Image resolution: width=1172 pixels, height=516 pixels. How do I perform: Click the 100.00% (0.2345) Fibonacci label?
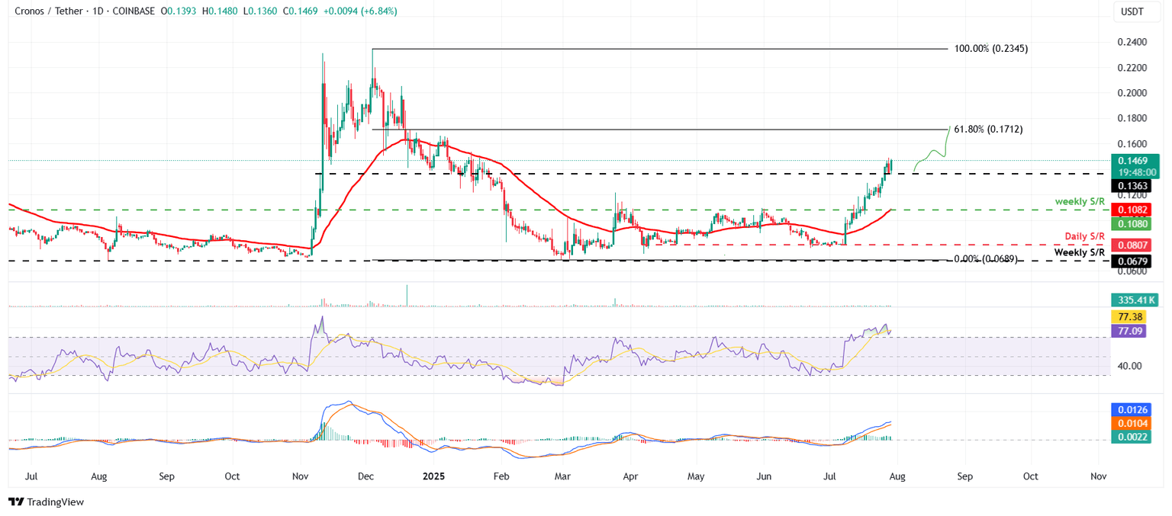click(991, 49)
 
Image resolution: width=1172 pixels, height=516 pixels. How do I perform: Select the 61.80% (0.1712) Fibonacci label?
click(989, 130)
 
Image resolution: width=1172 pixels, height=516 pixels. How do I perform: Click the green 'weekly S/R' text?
click(1080, 200)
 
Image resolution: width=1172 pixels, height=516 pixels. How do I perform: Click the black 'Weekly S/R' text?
click(1080, 252)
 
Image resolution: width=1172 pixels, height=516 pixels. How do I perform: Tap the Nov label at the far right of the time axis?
click(1099, 476)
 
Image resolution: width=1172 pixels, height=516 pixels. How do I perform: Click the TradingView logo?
click(47, 502)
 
